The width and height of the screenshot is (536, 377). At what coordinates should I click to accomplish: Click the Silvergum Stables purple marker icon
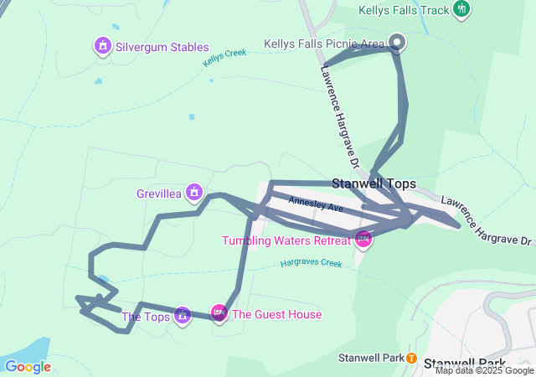click(102, 45)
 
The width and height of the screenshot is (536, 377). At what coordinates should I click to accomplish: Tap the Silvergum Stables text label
click(162, 47)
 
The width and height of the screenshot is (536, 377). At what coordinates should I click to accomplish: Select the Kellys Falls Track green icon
click(461, 9)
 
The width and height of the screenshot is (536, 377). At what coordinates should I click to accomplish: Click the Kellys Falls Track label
click(404, 11)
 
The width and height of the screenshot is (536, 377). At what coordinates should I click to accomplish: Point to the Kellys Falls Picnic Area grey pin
click(397, 42)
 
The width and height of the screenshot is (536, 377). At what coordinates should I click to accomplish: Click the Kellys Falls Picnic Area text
click(324, 43)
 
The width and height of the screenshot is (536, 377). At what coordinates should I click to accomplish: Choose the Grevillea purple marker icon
click(194, 193)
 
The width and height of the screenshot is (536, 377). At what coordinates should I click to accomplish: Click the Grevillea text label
click(159, 194)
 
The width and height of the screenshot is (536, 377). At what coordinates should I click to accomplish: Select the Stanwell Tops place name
click(374, 183)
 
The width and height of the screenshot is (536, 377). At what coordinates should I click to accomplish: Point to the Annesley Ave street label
click(316, 204)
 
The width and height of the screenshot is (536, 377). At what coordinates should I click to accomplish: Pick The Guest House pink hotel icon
click(219, 314)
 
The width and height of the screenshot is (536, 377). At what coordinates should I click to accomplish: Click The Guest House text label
click(276, 315)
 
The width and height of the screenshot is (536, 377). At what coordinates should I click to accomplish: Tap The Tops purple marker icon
click(182, 316)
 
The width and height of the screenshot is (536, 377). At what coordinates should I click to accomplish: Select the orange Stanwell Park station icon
click(412, 358)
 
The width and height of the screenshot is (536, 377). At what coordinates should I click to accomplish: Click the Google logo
click(28, 366)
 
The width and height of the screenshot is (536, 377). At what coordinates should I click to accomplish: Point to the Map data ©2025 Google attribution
click(484, 370)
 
